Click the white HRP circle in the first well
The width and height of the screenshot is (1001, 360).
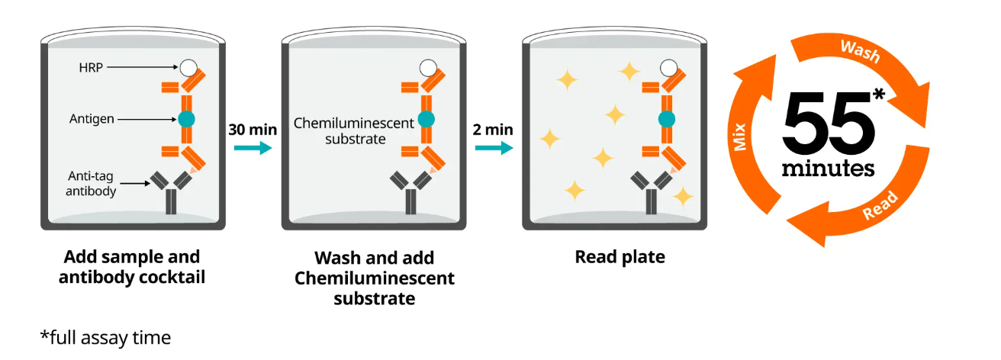(188, 67)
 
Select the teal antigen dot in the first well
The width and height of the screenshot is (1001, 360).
(187, 118)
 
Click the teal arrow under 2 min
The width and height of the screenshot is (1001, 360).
(493, 147)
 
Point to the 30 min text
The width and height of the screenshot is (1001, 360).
(253, 129)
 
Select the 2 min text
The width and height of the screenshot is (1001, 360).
(492, 129)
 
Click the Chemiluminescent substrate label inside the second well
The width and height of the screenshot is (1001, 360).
(354, 130)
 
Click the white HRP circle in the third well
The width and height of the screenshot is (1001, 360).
(670, 67)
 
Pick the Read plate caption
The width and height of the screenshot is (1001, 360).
(620, 257)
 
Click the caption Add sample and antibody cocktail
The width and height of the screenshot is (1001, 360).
(132, 266)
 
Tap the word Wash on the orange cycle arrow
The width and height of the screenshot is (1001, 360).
(860, 52)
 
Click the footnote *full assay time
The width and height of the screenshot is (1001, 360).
(106, 336)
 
